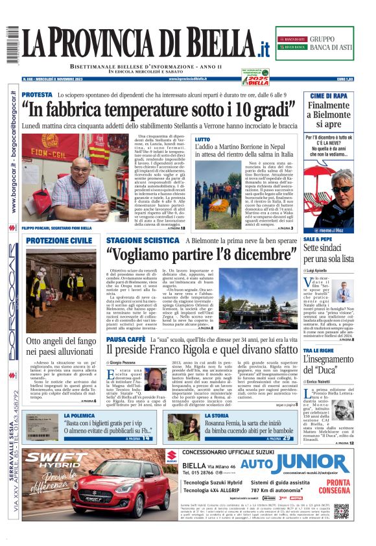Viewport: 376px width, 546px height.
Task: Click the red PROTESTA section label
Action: [37, 95]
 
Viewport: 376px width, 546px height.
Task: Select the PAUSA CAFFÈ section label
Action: [125, 339]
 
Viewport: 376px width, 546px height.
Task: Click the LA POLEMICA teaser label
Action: [79, 415]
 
